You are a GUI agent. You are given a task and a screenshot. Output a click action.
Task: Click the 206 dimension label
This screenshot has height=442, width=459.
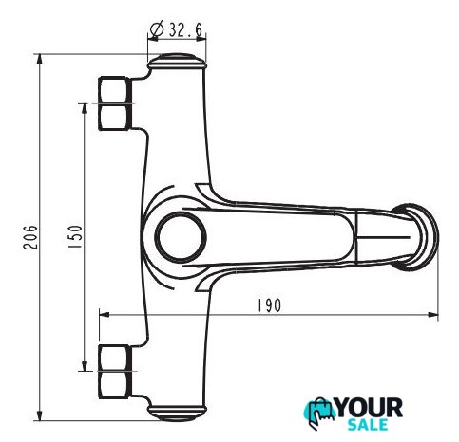point(30,237)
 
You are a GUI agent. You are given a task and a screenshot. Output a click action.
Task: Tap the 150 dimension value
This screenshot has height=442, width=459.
point(75,236)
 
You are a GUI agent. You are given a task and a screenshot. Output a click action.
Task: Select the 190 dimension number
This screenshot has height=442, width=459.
point(269,305)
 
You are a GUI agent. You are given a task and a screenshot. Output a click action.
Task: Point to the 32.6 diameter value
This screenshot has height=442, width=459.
point(185,29)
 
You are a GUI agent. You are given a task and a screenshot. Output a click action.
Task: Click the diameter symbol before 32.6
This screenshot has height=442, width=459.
point(157,29)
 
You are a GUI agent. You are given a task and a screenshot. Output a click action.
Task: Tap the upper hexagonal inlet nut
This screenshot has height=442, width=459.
point(115,103)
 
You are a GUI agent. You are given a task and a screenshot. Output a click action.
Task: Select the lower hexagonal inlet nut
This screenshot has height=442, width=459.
point(115,372)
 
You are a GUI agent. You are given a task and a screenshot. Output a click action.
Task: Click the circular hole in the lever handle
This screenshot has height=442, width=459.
point(181,237)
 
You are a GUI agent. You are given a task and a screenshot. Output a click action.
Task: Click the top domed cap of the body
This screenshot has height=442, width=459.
point(177,62)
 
